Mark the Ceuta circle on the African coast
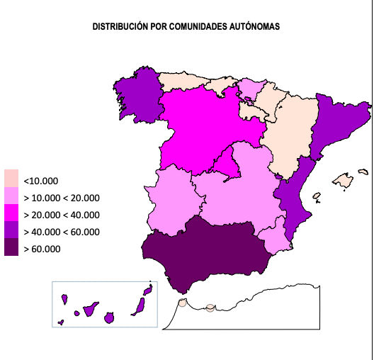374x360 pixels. pos(182,303)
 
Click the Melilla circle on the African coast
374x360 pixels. pos(210,308)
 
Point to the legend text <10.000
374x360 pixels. pos(41,180)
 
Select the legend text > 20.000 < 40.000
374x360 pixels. pos(62,215)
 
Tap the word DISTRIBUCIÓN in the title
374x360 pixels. pos(120,26)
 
